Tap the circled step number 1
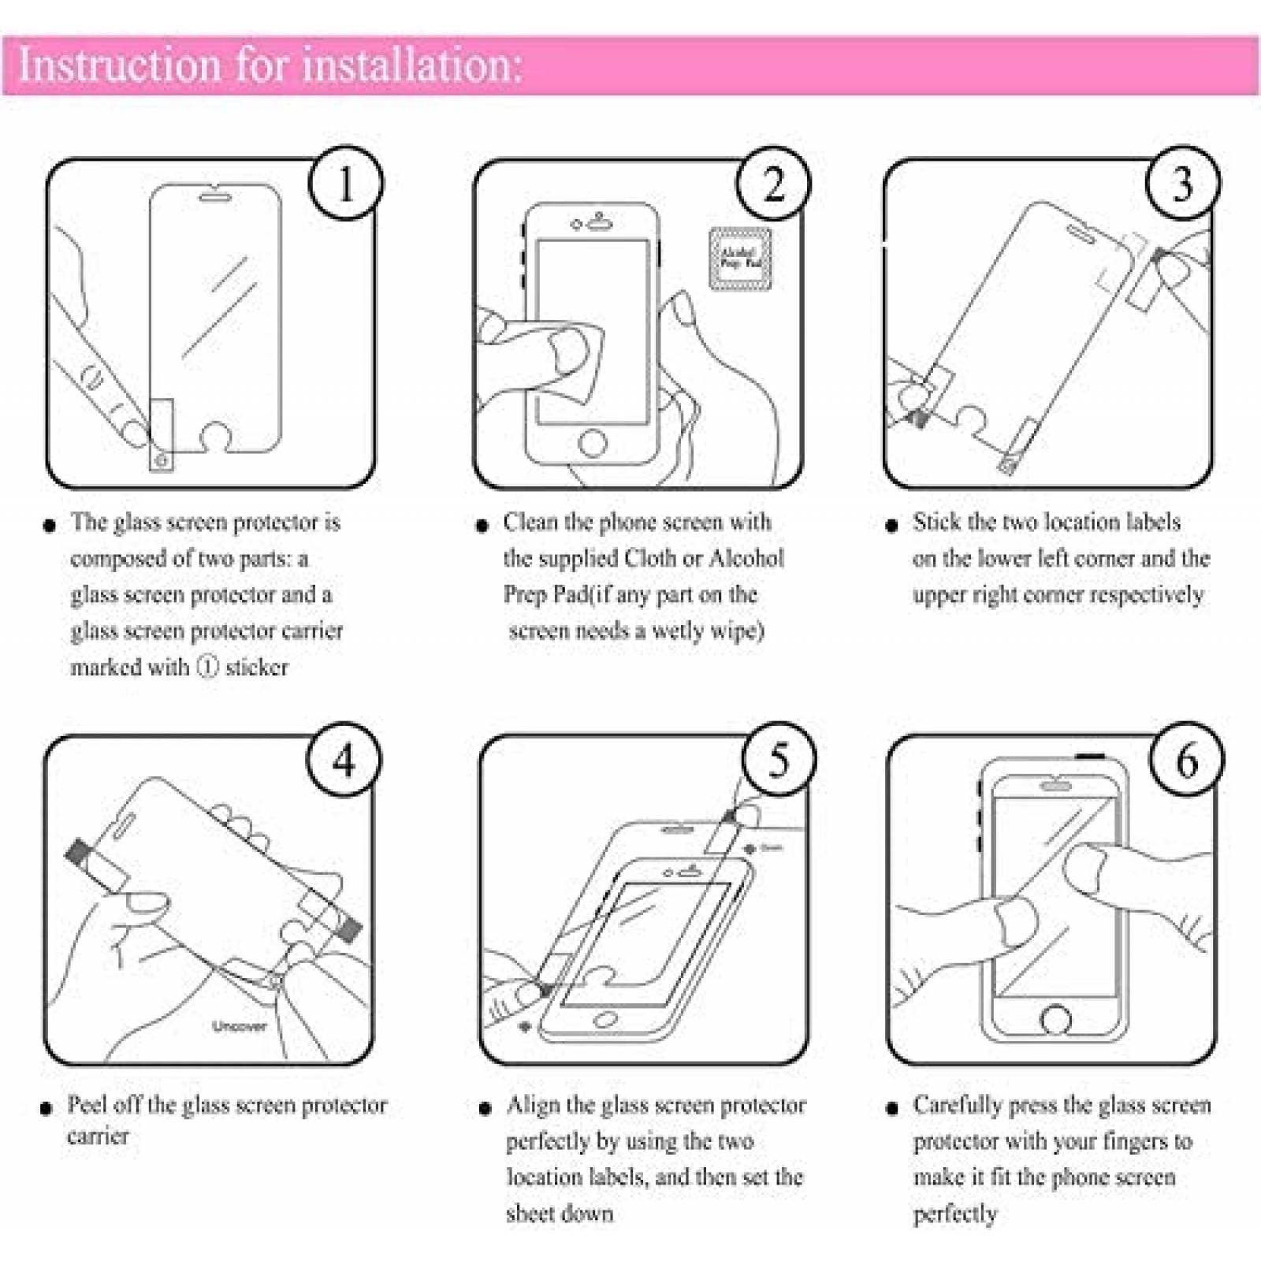[344, 184]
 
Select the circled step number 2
[773, 184]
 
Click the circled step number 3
[1181, 184]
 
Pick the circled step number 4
[344, 761]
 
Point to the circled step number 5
[779, 761]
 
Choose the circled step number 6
[1186, 761]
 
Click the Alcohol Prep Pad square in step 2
[740, 259]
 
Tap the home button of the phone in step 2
[593, 442]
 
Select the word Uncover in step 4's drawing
[239, 1026]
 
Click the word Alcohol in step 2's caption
[746, 559]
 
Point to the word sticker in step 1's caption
[257, 668]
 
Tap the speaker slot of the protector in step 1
[214, 195]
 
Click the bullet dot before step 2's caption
[482, 526]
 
